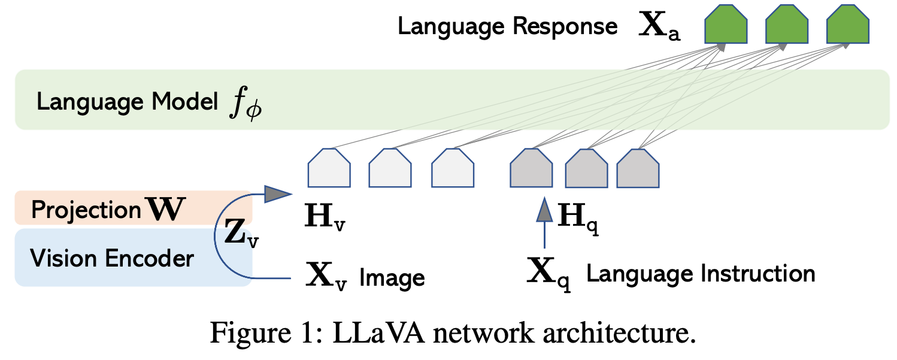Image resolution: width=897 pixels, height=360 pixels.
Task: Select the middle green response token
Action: coord(787,27)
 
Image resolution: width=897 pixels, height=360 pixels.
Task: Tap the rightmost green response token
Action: coord(847,27)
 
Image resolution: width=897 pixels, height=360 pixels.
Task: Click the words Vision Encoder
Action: coord(112,258)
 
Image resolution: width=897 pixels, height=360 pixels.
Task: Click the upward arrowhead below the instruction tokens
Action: coord(544,210)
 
